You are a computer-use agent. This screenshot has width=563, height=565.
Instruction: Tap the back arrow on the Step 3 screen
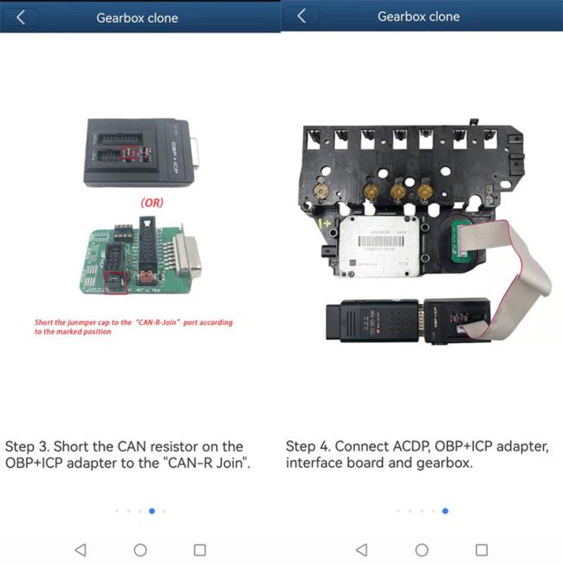(22, 17)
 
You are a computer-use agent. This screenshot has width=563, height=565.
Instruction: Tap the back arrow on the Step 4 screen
(302, 16)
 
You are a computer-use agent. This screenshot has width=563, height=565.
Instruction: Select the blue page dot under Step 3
(152, 511)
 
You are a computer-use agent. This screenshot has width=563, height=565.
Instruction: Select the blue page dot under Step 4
(445, 511)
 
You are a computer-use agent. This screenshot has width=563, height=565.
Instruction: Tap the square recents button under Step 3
(200, 549)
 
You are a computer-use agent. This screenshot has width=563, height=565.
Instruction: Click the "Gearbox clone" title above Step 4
(418, 17)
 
